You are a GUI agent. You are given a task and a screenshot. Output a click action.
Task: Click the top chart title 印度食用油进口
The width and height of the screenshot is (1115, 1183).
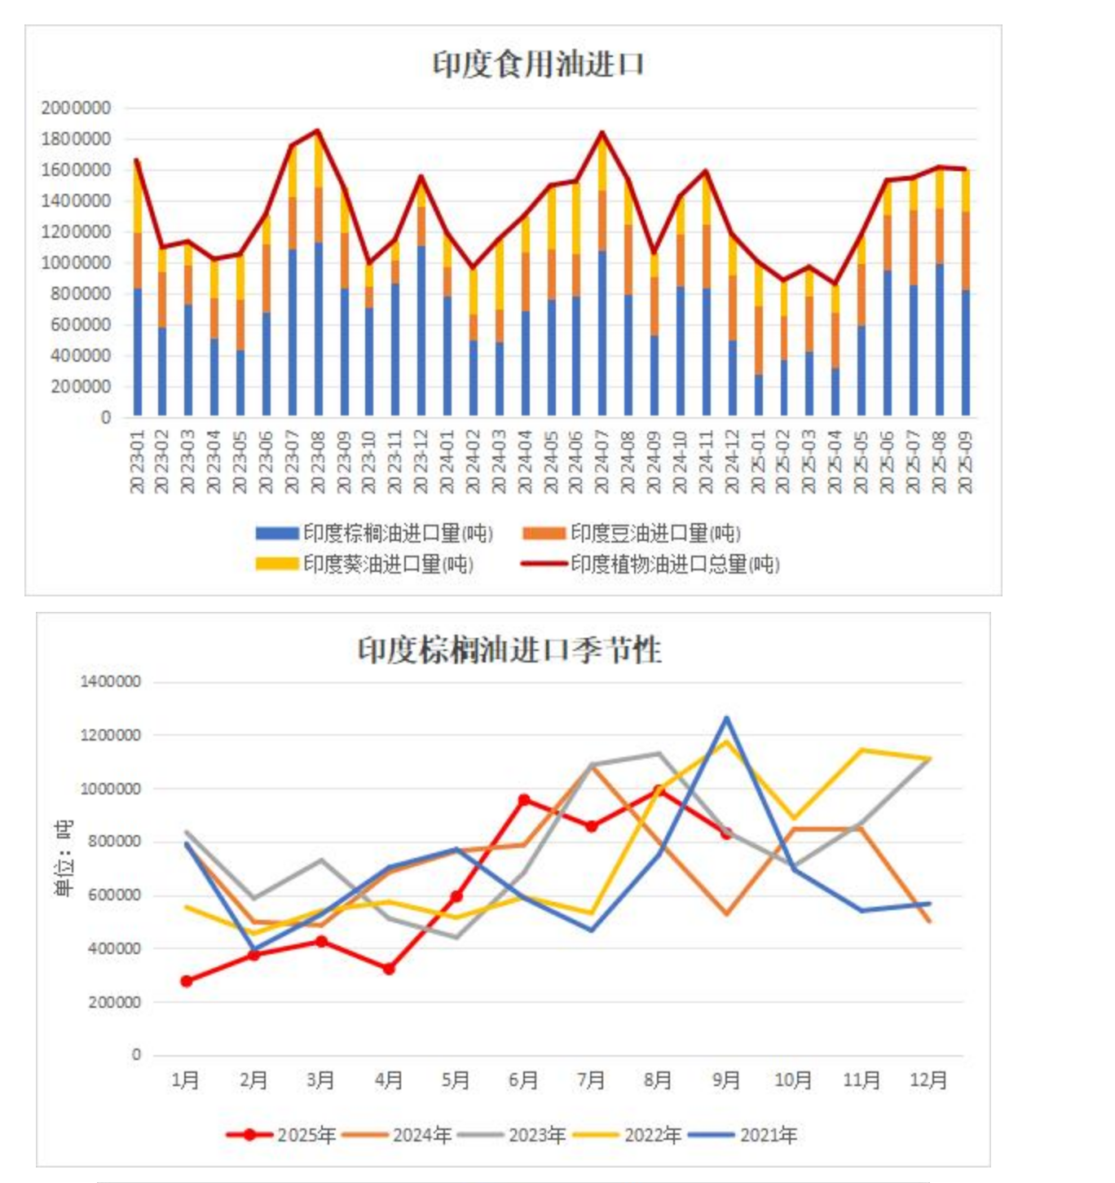pyautogui.click(x=538, y=64)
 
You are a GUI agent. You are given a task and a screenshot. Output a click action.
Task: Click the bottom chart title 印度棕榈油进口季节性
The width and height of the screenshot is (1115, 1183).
pyautogui.click(x=510, y=650)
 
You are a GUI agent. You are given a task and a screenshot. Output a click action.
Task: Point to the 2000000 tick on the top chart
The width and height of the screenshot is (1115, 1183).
pyautogui.click(x=76, y=108)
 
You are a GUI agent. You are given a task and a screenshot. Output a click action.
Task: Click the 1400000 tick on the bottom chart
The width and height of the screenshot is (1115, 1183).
pyautogui.click(x=110, y=681)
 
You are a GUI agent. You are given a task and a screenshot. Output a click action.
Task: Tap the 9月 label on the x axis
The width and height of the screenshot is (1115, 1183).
pyautogui.click(x=726, y=1080)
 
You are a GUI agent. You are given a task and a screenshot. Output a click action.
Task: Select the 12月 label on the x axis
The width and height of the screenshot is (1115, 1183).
pyautogui.click(x=928, y=1080)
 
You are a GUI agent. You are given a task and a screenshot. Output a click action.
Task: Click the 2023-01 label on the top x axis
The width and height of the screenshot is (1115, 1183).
pyautogui.click(x=137, y=462)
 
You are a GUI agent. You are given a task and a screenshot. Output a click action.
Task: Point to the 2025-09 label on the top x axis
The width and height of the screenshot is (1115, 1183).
pyautogui.click(x=965, y=462)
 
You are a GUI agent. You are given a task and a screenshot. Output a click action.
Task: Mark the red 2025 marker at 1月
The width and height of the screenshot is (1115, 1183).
pyautogui.click(x=187, y=981)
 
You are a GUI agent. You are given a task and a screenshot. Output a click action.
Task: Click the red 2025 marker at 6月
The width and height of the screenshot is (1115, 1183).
pyautogui.click(x=524, y=800)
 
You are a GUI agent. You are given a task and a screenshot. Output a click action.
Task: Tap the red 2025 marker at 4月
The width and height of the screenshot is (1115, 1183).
pyautogui.click(x=389, y=969)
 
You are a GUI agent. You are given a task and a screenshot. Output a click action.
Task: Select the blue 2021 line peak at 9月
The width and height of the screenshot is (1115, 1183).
pyautogui.click(x=726, y=718)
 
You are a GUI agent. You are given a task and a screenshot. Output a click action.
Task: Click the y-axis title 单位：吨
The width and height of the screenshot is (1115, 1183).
pyautogui.click(x=64, y=858)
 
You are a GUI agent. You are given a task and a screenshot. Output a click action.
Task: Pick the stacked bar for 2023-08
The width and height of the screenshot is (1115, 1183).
pyautogui.click(x=318, y=277)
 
